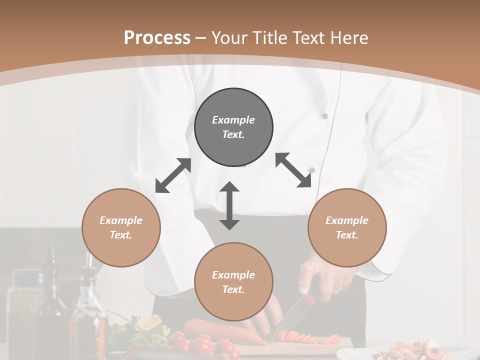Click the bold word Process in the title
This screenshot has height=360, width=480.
pos(157,37)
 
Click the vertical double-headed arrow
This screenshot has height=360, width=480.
pos(229,205)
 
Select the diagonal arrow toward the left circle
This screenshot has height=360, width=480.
pos(173,175)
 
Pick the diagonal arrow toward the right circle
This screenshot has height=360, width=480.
pos(293,170)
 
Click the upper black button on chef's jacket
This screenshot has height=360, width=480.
pos(324,116)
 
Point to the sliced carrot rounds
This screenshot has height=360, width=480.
pos(300,337)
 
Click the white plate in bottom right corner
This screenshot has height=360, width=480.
pos(400,352)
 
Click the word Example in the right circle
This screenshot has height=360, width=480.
pos(346,220)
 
